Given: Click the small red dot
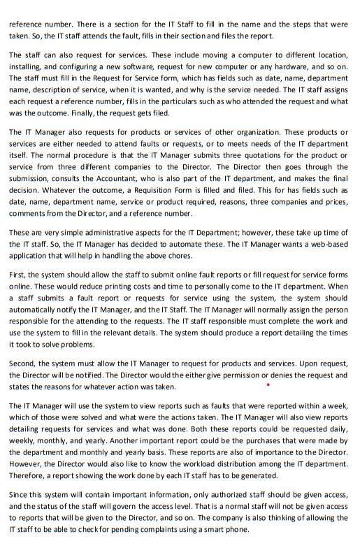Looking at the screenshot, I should [269, 384].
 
